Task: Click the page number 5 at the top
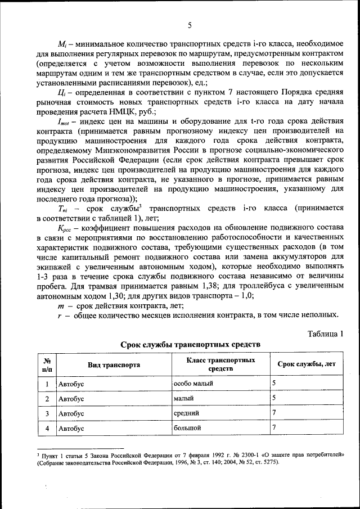(x=190, y=25)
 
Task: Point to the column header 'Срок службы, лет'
(x=307, y=364)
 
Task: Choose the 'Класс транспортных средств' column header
(x=220, y=364)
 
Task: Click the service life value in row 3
(x=274, y=413)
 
